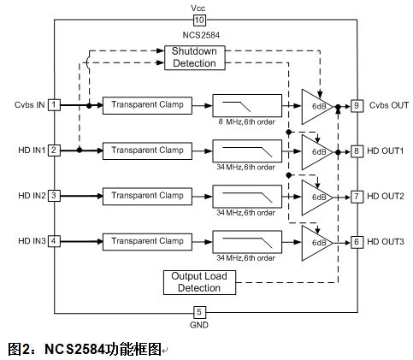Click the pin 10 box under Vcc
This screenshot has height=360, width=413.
pyautogui.click(x=199, y=20)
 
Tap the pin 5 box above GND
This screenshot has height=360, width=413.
pyautogui.click(x=199, y=312)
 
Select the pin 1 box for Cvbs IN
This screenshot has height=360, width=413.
pyautogui.click(x=54, y=105)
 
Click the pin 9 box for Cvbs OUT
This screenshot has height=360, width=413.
pyautogui.click(x=357, y=106)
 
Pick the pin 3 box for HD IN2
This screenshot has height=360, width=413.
pyautogui.click(x=54, y=196)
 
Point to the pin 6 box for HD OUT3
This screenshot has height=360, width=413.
pyautogui.click(x=357, y=242)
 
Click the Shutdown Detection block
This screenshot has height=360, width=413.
pyautogui.click(x=195, y=57)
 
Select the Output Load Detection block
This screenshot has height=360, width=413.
pyautogui.click(x=199, y=282)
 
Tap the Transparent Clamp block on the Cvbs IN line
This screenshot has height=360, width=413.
pyautogui.click(x=147, y=105)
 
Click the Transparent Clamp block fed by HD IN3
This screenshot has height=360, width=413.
pyautogui.click(x=147, y=242)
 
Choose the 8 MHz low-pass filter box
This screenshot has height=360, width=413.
pyautogui.click(x=247, y=105)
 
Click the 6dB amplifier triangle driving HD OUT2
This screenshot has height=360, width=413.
pyautogui.click(x=317, y=198)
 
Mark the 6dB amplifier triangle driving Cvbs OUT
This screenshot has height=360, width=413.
pyautogui.click(x=317, y=107)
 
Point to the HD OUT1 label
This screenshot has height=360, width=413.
pyautogui.click(x=385, y=150)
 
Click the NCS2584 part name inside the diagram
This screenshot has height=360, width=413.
pyautogui.click(x=201, y=35)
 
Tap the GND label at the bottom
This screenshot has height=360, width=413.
pyautogui.click(x=199, y=325)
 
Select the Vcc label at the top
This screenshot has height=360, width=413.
pyautogui.click(x=198, y=8)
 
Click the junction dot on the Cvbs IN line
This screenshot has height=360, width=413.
pyautogui.click(x=89, y=106)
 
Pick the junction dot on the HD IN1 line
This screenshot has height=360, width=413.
pyautogui.click(x=80, y=150)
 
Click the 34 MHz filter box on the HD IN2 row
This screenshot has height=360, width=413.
pyautogui.click(x=247, y=197)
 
